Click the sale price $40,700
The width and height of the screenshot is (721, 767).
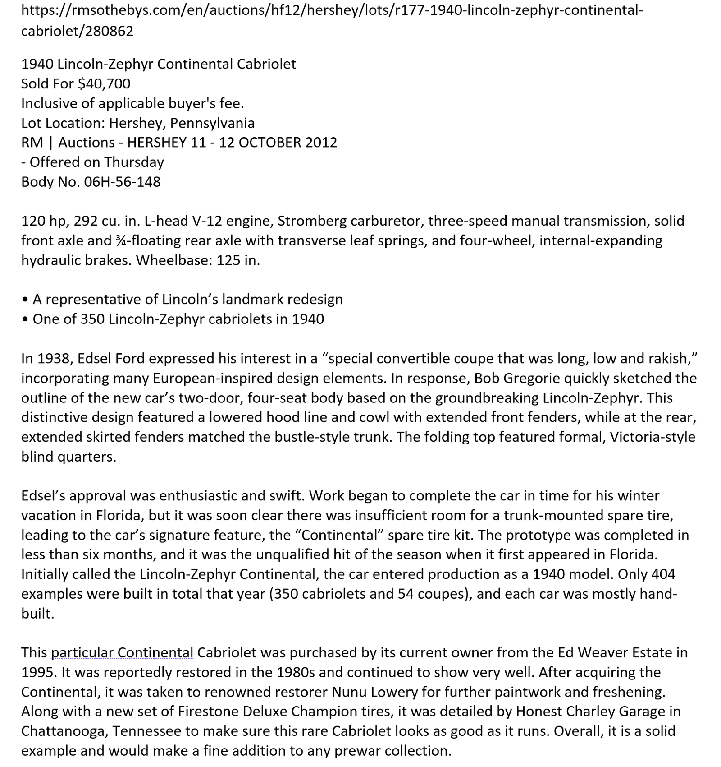[x=104, y=83]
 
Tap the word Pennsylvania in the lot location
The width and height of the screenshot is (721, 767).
[x=212, y=123]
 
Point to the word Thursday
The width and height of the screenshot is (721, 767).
[x=134, y=162]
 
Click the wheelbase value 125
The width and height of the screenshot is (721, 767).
[x=228, y=260]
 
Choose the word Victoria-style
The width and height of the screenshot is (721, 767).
[x=653, y=437]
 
